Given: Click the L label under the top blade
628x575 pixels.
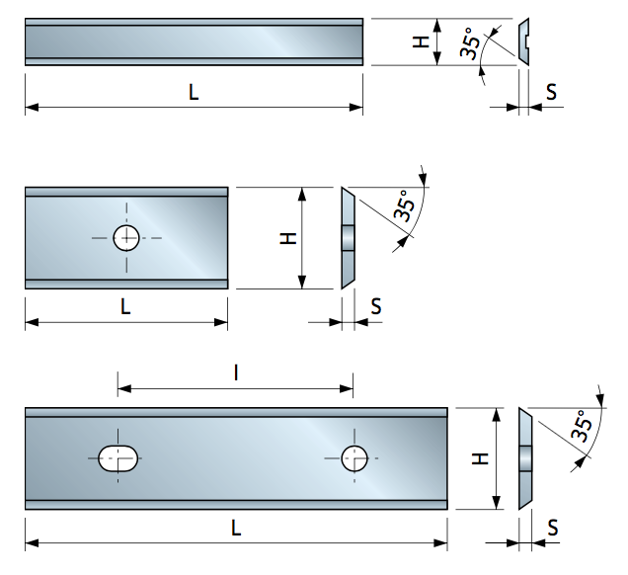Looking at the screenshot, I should coord(194,92).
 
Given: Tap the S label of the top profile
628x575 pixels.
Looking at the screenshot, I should coord(551,91).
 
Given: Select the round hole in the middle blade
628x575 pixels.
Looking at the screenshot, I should coord(126,238).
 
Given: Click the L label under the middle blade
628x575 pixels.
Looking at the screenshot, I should coord(125,306).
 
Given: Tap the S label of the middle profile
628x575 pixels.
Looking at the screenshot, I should coord(375,306).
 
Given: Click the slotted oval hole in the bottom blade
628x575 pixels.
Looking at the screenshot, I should coord(119,457).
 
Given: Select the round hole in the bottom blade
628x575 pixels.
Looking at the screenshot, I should coord(353,457).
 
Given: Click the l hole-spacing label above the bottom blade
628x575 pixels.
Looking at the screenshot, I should coord(236,372).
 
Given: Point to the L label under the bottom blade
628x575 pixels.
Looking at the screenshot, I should coord(236,528).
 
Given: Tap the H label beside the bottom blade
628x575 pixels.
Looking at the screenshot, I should coord(478,458).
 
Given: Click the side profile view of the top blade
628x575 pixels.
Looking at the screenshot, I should coord(525,42).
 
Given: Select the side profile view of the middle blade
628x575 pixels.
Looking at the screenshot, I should coord(347,238).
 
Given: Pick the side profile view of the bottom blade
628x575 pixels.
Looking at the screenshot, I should coord(525,458).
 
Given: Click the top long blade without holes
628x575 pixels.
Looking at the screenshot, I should coord(195,42).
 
